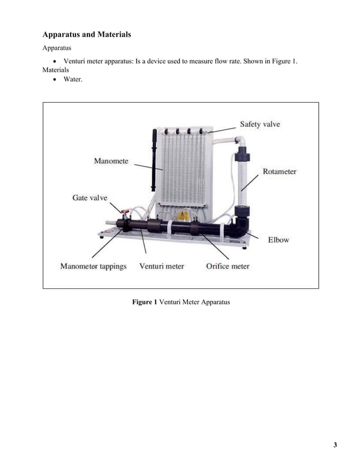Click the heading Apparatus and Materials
[87, 34]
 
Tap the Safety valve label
[260, 124]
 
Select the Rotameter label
[279, 172]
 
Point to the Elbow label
[278, 240]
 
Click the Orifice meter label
[227, 266]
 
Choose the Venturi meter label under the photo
[161, 266]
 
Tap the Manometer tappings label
[94, 266]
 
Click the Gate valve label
[90, 198]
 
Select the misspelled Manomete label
[111, 161]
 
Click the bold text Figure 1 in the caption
[144, 302]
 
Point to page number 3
[335, 445]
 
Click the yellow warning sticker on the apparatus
[182, 216]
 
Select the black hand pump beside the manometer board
[153, 161]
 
